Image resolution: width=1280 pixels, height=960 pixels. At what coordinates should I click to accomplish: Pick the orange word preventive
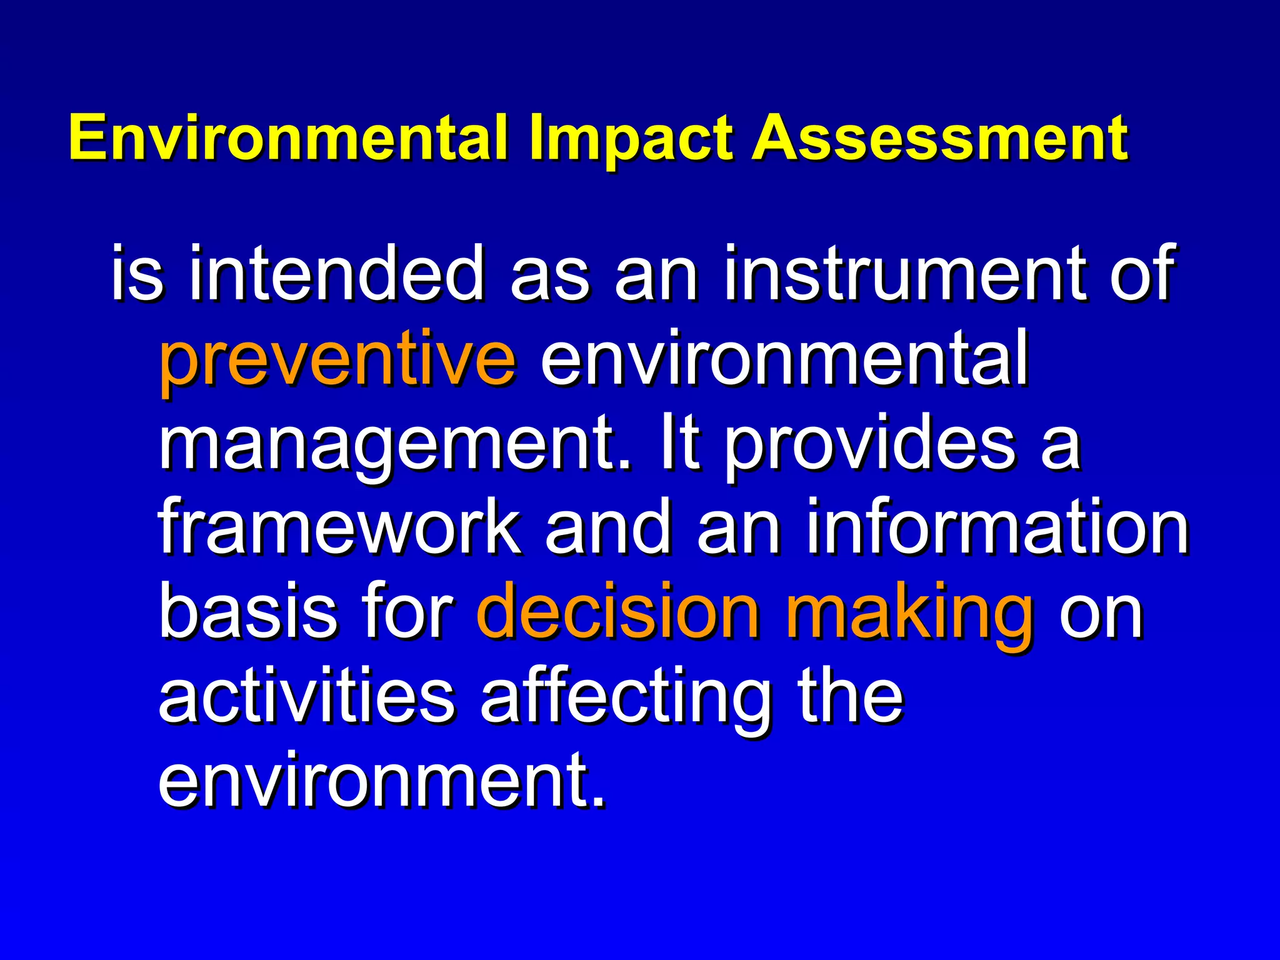[338, 360]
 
